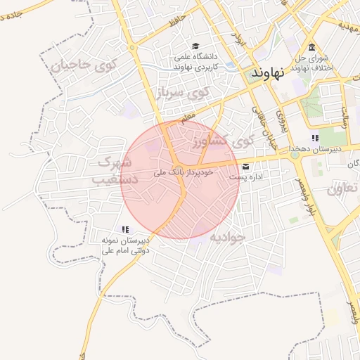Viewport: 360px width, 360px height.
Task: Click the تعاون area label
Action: tap(343, 188)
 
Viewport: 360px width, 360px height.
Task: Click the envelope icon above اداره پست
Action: tap(245, 167)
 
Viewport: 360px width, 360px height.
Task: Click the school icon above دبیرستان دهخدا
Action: tap(315, 138)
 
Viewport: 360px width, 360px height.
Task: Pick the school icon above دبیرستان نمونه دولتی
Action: tap(125, 229)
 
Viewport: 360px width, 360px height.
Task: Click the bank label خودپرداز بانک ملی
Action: tap(159, 172)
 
